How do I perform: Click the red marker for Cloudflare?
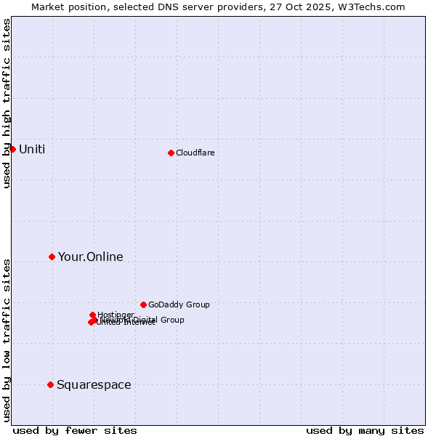point(171,153)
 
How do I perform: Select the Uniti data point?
point(12,149)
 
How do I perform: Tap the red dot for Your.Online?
point(52,257)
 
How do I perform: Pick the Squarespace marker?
point(50,384)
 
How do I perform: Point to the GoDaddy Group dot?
point(143,304)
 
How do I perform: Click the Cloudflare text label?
point(195,153)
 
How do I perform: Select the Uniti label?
point(32,150)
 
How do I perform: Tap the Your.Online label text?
point(90,257)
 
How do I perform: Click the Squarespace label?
point(94,385)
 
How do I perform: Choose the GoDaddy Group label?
point(179,305)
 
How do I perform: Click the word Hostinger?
point(116,315)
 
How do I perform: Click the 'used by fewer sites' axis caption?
point(75,430)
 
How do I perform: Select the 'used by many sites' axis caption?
point(365,430)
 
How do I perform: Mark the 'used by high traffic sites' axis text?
point(7,103)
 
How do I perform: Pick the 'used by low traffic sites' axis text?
point(7,339)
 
